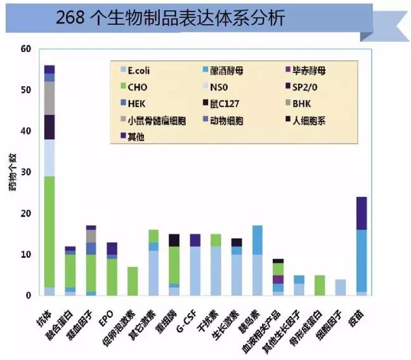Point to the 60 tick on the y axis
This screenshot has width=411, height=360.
tap(25, 49)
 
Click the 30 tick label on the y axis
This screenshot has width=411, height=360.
tap(25, 172)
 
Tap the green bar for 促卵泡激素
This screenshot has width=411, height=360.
tap(133, 281)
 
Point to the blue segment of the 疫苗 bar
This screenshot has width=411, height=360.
tap(362, 260)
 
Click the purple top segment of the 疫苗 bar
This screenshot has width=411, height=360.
tap(362, 213)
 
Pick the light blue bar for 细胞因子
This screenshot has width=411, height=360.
tap(341, 288)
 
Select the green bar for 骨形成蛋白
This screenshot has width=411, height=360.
tap(320, 285)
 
